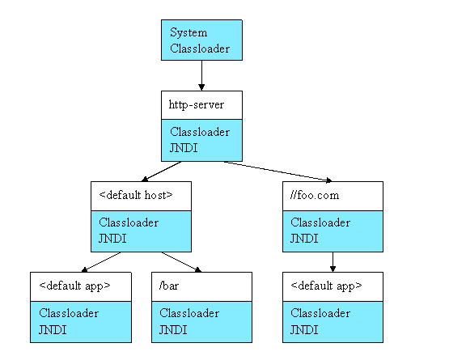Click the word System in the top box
(x=189, y=32)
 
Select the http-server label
(x=196, y=105)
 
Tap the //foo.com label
(x=315, y=195)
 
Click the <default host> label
(x=136, y=195)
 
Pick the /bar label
(x=169, y=286)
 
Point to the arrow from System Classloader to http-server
(x=201, y=75)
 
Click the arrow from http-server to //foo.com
(x=277, y=172)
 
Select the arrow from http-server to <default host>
(x=161, y=172)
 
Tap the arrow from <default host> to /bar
(x=181, y=262)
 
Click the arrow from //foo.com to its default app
(x=333, y=262)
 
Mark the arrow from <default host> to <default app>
(x=101, y=262)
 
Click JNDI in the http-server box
(x=184, y=148)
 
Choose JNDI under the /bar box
(x=173, y=329)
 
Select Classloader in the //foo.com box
(x=320, y=222)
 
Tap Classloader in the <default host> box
(x=129, y=222)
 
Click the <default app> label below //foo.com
(x=326, y=286)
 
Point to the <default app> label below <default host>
(x=74, y=286)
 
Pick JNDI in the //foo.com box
(x=304, y=239)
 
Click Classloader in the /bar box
(x=189, y=313)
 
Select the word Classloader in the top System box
(x=200, y=49)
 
